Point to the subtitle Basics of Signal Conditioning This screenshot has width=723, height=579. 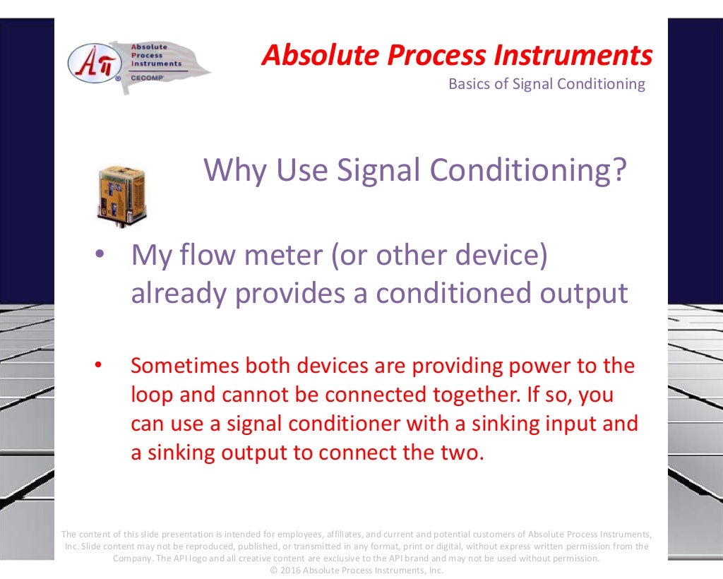click(546, 84)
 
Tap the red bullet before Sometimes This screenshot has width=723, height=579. click(99, 366)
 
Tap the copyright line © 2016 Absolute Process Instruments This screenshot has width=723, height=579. click(357, 570)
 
